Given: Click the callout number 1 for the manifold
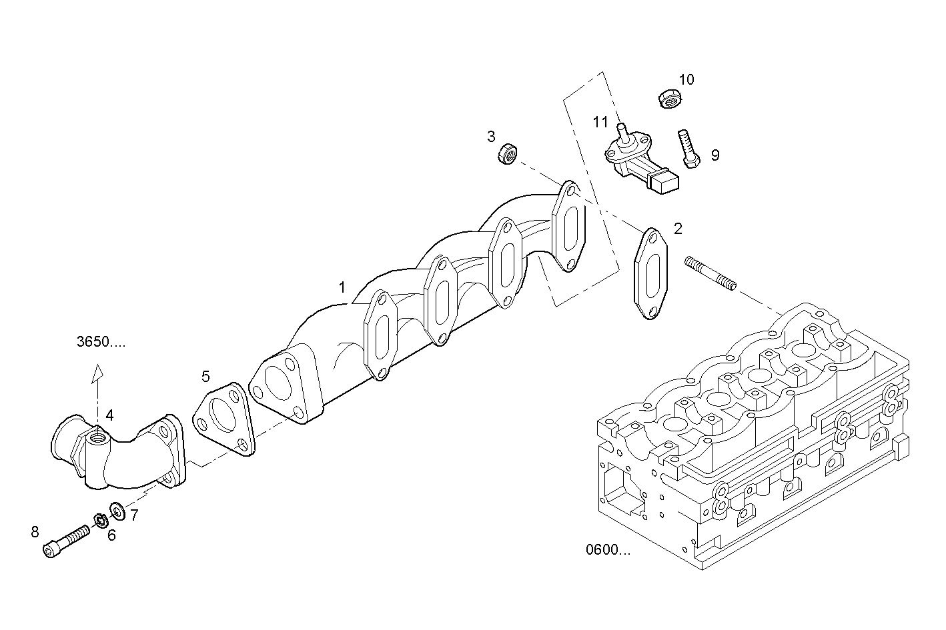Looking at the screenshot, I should pos(342,287).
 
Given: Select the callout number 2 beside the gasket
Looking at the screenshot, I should pos(678,229).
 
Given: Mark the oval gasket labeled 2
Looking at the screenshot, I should pos(649,273).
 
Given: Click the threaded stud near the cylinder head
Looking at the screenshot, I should pos(710,274).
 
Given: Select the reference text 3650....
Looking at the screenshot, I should pos(100,343).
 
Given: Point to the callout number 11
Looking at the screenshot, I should pos(600,122).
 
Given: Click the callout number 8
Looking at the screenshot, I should pos(35,531).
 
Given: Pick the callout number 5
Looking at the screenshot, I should pos(206,377).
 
